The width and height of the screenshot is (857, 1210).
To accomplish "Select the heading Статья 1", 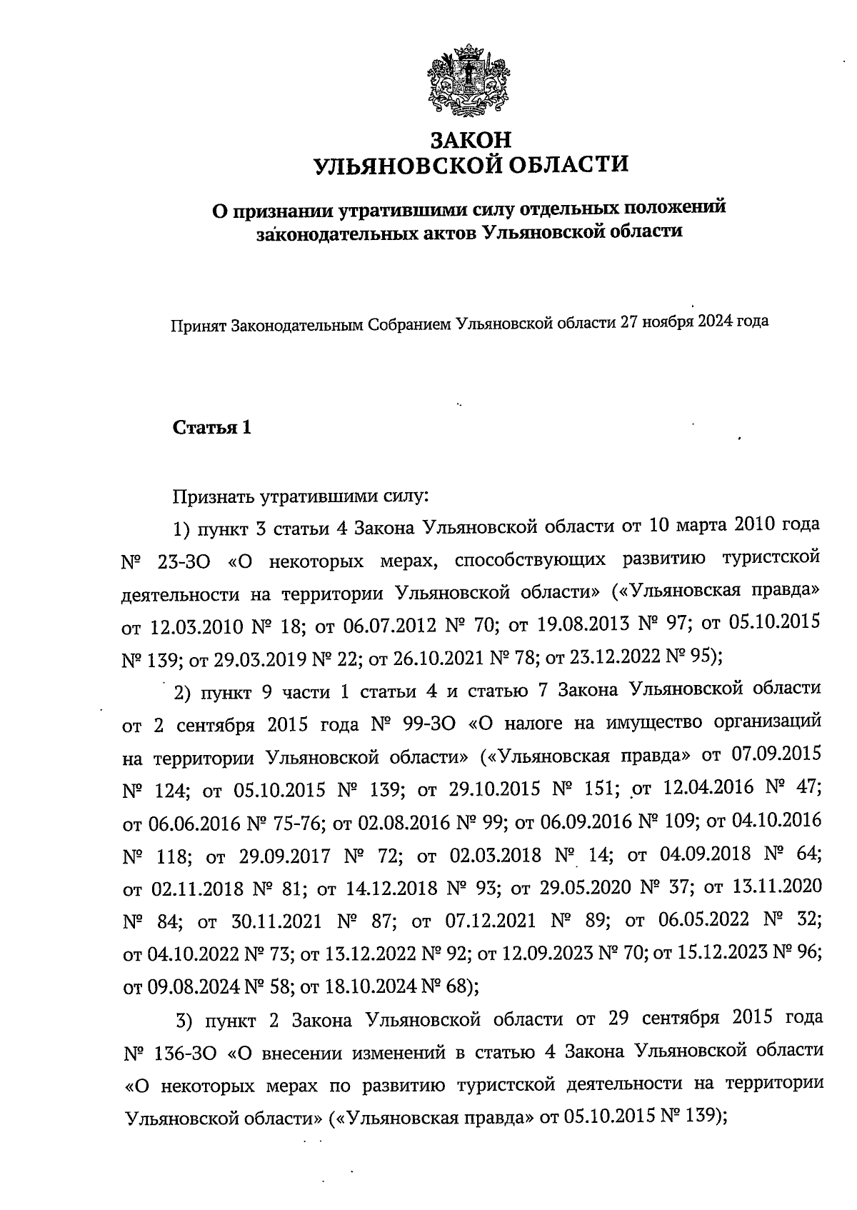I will pyautogui.click(x=212, y=429).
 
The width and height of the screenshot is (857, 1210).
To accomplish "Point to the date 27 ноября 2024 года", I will pyautogui.click(x=694, y=321).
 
